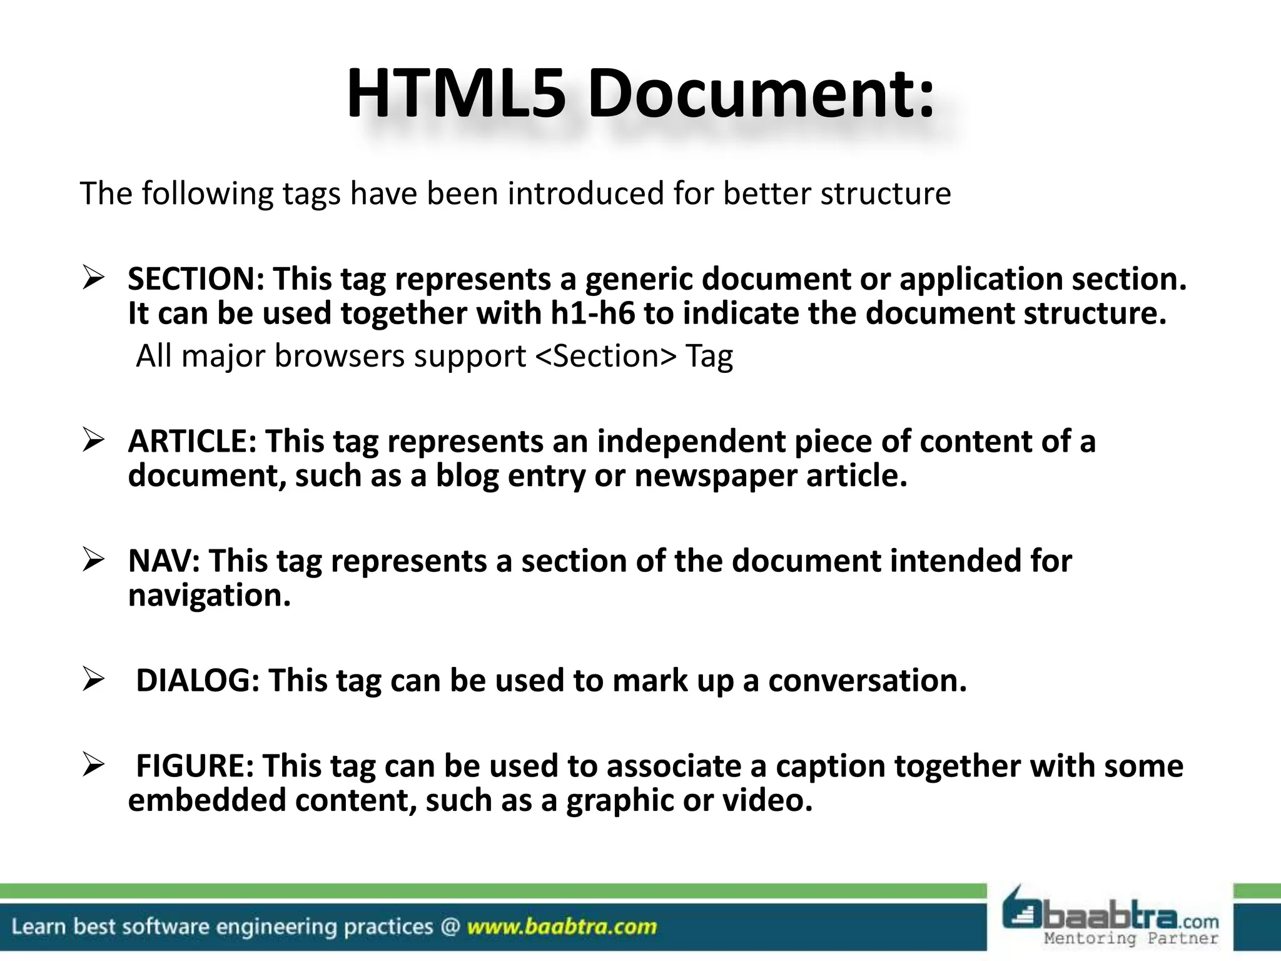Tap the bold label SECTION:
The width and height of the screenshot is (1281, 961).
(196, 279)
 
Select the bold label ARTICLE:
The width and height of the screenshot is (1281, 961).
(192, 441)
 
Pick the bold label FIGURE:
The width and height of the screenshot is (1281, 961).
(195, 766)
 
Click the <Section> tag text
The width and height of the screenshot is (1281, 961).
(606, 357)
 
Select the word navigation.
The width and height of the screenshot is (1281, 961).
(210, 596)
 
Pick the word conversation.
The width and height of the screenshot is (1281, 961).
(868, 680)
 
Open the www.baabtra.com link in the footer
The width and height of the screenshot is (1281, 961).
(562, 927)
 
